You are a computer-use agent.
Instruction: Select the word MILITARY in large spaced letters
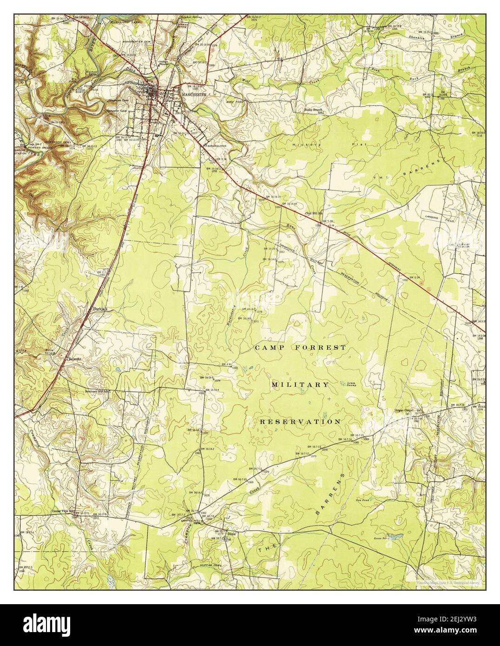[300, 385]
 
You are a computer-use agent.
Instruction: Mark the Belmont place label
[75, 359]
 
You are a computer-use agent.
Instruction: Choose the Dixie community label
[232, 534]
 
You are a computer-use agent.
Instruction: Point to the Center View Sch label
[64, 512]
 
